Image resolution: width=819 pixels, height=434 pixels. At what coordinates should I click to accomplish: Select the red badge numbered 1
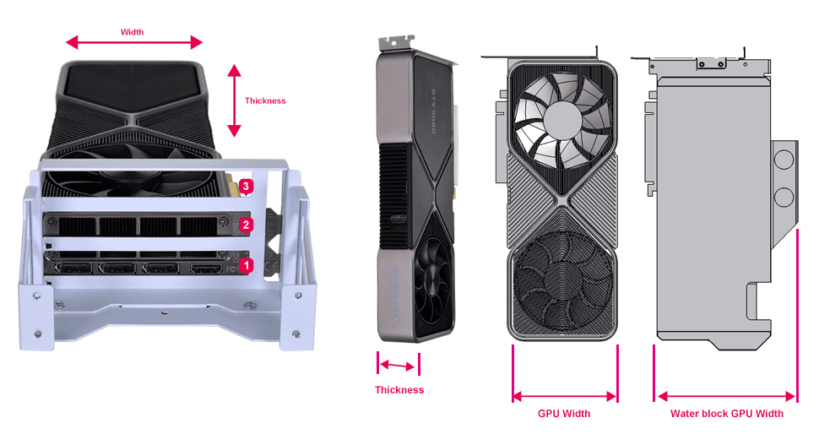[x=247, y=264]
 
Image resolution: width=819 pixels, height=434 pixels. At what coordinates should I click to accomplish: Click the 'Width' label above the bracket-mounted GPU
[x=133, y=32]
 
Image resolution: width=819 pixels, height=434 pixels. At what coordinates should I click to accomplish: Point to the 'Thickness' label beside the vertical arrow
[x=265, y=100]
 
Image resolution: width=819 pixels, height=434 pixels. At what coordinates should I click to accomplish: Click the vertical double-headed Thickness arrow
[x=234, y=100]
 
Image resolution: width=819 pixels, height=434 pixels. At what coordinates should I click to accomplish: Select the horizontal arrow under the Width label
[x=135, y=43]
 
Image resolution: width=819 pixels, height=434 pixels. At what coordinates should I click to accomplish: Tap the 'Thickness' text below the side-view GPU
[x=399, y=390]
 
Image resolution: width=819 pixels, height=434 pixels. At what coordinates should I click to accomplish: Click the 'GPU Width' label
[x=564, y=414]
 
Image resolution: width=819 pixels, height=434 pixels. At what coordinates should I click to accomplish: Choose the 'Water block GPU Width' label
[x=726, y=414]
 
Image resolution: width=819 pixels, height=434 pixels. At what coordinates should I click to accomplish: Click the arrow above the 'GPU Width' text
[x=565, y=396]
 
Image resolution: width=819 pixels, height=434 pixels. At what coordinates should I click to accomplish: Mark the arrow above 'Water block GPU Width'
[x=726, y=396]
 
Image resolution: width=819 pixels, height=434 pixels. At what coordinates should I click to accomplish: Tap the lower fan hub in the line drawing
[x=563, y=283]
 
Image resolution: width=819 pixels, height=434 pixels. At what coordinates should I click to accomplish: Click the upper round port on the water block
[x=784, y=161]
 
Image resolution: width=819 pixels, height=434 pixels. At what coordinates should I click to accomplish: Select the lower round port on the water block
[x=784, y=198]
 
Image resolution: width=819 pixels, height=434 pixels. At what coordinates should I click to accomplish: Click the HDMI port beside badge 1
[x=204, y=269]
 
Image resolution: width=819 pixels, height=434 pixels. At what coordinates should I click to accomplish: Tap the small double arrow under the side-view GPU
[x=398, y=366]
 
